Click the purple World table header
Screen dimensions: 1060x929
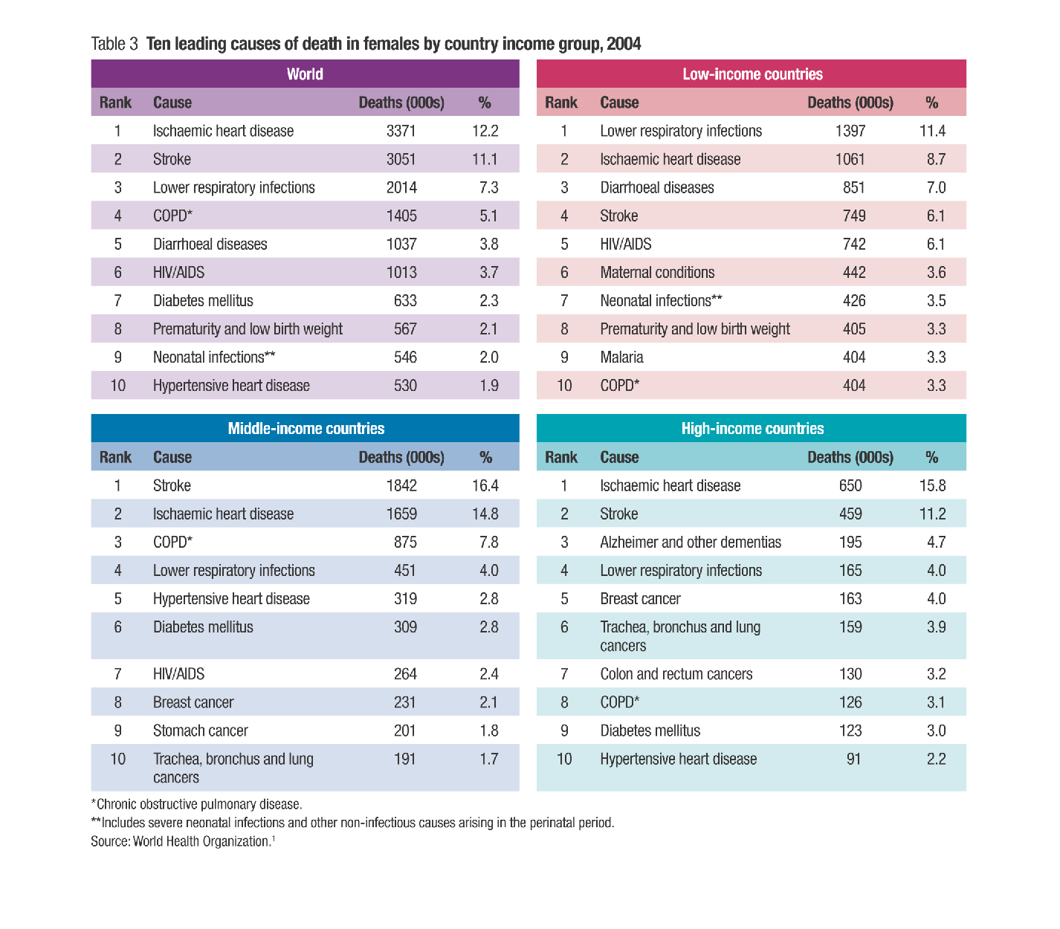pyautogui.click(x=305, y=74)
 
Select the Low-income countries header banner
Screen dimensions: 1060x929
pyautogui.click(x=752, y=74)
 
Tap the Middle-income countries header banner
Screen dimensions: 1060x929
pyautogui.click(x=305, y=428)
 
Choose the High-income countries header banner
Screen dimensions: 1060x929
pyautogui.click(x=752, y=428)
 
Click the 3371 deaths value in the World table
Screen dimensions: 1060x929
pyautogui.click(x=401, y=131)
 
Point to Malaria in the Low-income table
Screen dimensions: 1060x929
pyautogui.click(x=621, y=357)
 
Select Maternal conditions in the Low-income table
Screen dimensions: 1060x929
pyautogui.click(x=657, y=273)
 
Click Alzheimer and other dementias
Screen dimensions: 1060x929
pyautogui.click(x=691, y=543)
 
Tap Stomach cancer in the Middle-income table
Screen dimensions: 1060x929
pyautogui.click(x=201, y=731)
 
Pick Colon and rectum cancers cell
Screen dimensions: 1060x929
pyautogui.click(x=676, y=674)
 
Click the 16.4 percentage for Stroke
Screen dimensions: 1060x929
pyautogui.click(x=485, y=486)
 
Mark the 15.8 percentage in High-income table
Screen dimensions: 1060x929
pyautogui.click(x=932, y=486)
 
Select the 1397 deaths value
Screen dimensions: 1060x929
pyautogui.click(x=850, y=131)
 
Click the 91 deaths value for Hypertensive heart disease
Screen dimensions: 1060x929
pyautogui.click(x=853, y=759)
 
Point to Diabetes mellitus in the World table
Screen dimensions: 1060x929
pyautogui.click(x=203, y=301)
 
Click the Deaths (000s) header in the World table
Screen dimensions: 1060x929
pyautogui.click(x=401, y=103)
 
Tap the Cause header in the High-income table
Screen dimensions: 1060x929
pyautogui.click(x=619, y=457)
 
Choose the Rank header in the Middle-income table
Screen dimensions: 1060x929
pyautogui.click(x=116, y=457)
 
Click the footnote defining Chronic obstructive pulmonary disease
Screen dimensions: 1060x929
pyautogui.click(x=197, y=804)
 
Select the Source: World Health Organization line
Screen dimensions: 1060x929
pyautogui.click(x=183, y=841)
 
